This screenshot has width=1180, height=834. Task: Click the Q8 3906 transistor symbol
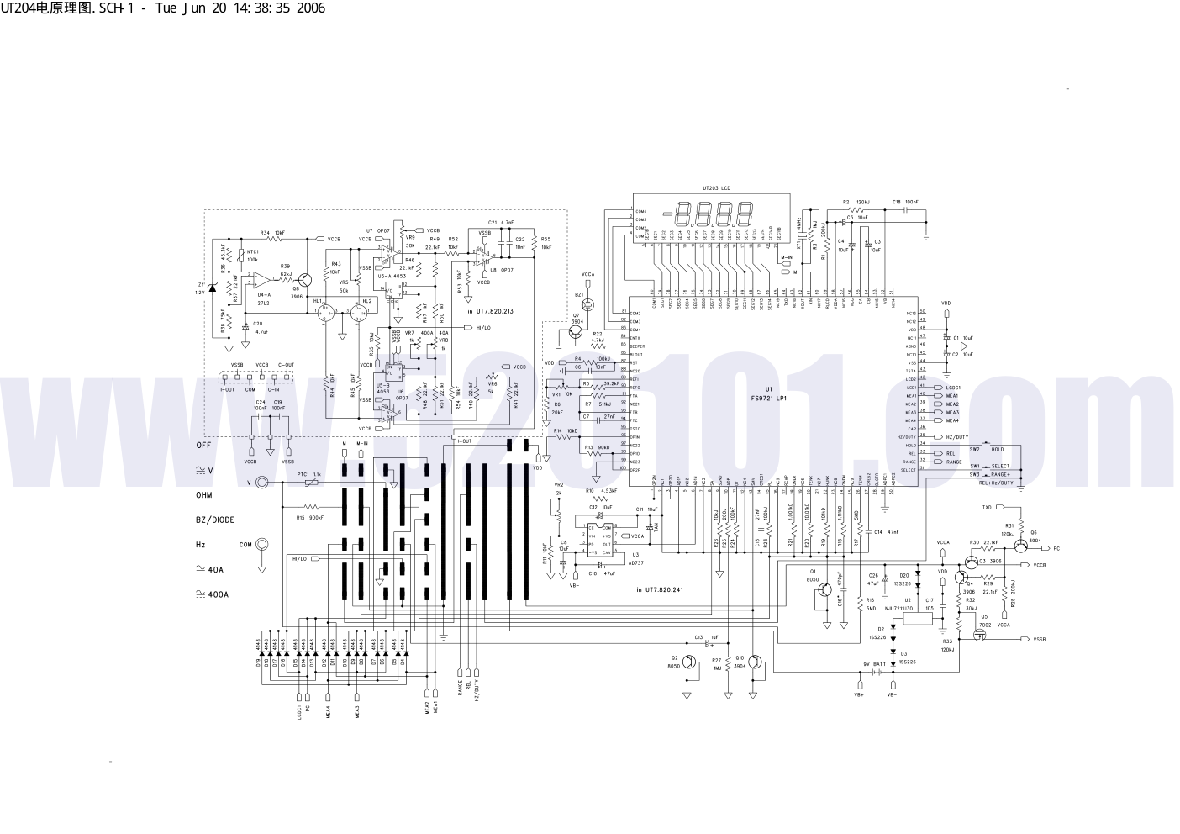click(x=305, y=279)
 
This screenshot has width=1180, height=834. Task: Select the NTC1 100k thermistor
click(x=241, y=256)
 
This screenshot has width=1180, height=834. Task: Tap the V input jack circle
click(x=263, y=483)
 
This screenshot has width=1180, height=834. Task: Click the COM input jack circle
click(x=263, y=545)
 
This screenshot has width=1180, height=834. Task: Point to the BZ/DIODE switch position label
click(x=215, y=520)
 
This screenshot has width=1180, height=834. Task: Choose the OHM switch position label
click(x=204, y=495)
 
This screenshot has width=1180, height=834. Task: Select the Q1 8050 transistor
click(x=822, y=590)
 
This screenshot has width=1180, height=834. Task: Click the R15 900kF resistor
click(x=312, y=507)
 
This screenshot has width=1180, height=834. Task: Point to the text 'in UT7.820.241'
click(x=660, y=590)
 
